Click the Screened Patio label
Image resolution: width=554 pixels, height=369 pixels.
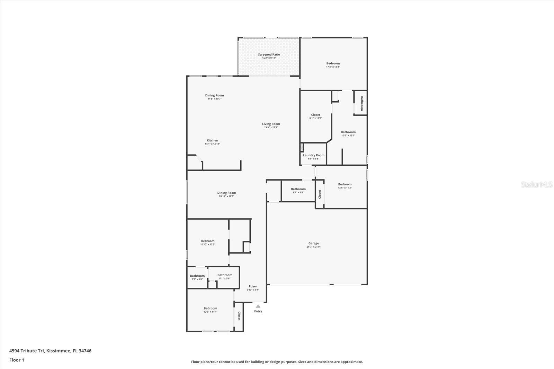[x=269, y=55]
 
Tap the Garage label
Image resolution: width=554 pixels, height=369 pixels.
[x=313, y=243]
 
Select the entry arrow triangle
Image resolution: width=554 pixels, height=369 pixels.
[x=258, y=306]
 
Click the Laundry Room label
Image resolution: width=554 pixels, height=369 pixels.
[x=314, y=155]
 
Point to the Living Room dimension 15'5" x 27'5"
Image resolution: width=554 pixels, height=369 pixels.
[x=271, y=128]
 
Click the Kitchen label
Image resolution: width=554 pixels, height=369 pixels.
[x=212, y=140]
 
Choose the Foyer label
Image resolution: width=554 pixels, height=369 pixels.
[x=253, y=286]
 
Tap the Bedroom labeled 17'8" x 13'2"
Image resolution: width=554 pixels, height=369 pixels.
[x=333, y=63]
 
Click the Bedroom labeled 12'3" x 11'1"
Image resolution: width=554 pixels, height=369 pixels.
[x=210, y=308]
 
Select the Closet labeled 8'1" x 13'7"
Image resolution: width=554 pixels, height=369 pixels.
[x=315, y=115]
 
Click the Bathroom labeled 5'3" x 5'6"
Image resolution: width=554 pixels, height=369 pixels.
[x=197, y=276]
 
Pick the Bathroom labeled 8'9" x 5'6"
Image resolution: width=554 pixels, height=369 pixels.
[x=298, y=189]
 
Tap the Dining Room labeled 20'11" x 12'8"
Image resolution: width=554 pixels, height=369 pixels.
[x=226, y=193]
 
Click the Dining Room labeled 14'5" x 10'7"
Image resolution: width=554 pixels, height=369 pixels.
[x=214, y=95]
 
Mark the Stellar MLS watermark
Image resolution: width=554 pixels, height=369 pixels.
[x=537, y=185]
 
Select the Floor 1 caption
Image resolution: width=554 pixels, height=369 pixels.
[x=17, y=360]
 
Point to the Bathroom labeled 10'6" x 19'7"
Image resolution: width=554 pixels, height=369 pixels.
[x=348, y=132]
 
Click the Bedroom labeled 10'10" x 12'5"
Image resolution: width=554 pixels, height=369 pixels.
[x=208, y=241]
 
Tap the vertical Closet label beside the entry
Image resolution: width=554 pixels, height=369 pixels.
[x=239, y=316]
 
